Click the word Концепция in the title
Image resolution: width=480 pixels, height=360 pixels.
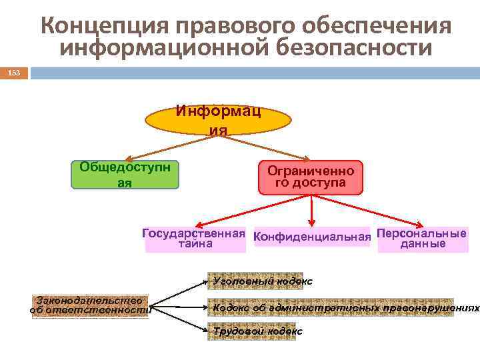tap(96, 26)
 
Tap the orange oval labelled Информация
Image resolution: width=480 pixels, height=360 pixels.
tap(219, 120)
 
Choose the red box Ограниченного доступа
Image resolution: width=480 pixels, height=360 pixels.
tap(311, 177)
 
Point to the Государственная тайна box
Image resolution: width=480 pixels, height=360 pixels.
tap(195, 239)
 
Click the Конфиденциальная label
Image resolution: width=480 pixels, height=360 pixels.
tap(312, 237)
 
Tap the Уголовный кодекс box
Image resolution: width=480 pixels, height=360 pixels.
tap(263, 281)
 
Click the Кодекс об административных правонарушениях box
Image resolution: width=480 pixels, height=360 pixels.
tap(332, 307)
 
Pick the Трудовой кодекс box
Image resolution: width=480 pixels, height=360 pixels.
tap(258, 331)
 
